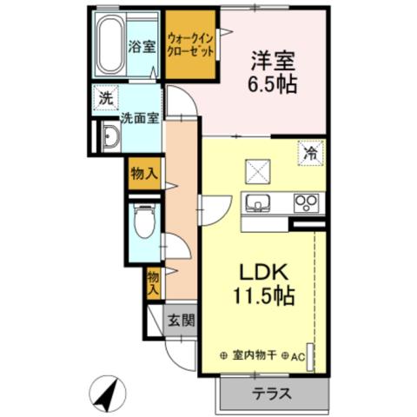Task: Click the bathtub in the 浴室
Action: (111, 46)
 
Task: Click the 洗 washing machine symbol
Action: (105, 99)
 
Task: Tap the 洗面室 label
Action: (139, 117)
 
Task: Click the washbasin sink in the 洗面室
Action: (111, 138)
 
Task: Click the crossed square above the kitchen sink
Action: (257, 167)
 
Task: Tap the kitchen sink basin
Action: (257, 204)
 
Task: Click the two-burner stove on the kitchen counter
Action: (305, 203)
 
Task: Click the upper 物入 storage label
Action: (144, 174)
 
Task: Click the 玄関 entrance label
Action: (181, 319)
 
